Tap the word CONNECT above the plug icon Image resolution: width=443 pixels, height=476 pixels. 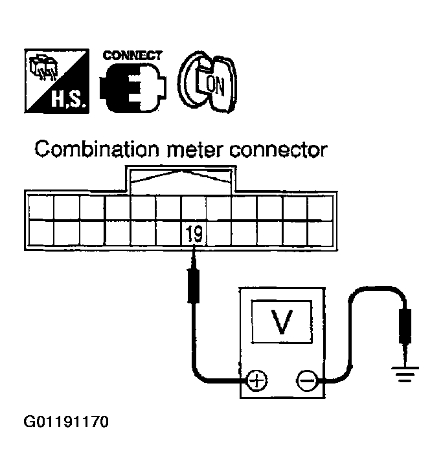tap(133, 56)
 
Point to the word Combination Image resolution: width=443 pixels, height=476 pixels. tap(94, 150)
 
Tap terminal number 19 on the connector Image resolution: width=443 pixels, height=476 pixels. tap(194, 233)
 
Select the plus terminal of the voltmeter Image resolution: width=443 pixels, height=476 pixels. tap(258, 380)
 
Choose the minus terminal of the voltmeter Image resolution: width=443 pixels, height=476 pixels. tap(306, 380)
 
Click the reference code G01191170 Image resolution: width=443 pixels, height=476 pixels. tap(66, 424)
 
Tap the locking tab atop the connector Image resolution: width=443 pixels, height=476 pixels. tap(181, 178)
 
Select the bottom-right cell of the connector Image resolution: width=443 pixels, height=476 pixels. tap(320, 232)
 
